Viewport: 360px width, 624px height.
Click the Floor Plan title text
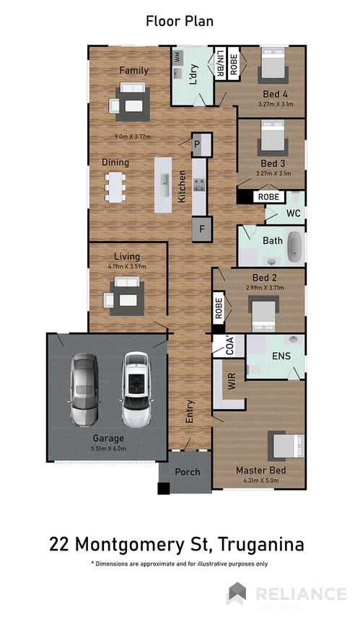(x=180, y=21)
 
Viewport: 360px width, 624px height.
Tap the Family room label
(x=133, y=70)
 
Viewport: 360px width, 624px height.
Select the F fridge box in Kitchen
(x=201, y=229)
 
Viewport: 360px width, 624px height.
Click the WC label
(x=293, y=214)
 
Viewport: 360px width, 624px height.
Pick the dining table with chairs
(x=115, y=187)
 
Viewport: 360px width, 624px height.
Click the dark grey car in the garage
(x=84, y=390)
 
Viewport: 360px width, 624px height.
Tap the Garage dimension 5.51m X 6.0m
(x=107, y=448)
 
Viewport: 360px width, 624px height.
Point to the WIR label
(x=232, y=382)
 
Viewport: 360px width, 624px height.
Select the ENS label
(x=281, y=356)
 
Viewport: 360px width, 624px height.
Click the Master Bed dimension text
(x=261, y=480)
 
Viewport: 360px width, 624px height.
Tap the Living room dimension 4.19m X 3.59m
(x=126, y=266)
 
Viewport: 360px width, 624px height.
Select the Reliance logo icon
(x=237, y=594)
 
